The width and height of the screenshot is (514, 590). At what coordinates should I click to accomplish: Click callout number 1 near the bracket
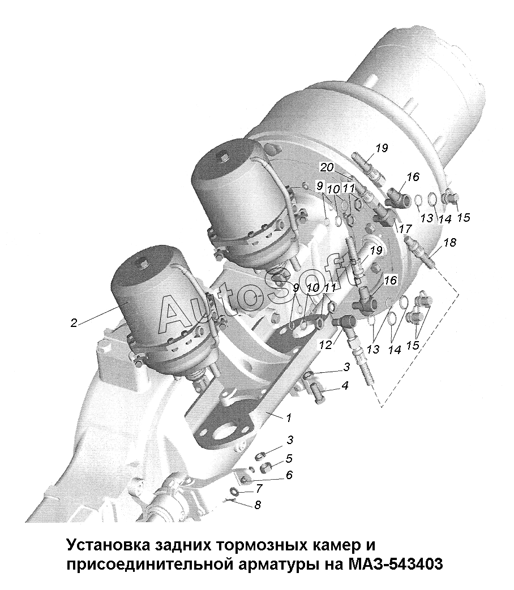289,417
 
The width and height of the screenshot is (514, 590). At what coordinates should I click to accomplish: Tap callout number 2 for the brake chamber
74,323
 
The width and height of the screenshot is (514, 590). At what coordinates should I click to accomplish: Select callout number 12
326,344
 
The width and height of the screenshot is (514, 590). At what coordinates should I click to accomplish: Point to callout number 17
405,229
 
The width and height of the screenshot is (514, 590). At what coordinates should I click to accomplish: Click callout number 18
449,243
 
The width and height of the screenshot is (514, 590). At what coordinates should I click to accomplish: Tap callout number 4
345,385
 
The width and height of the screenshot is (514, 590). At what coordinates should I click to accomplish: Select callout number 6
289,475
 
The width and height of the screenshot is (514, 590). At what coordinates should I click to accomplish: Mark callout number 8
257,505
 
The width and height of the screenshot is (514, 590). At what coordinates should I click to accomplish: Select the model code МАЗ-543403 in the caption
395,564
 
